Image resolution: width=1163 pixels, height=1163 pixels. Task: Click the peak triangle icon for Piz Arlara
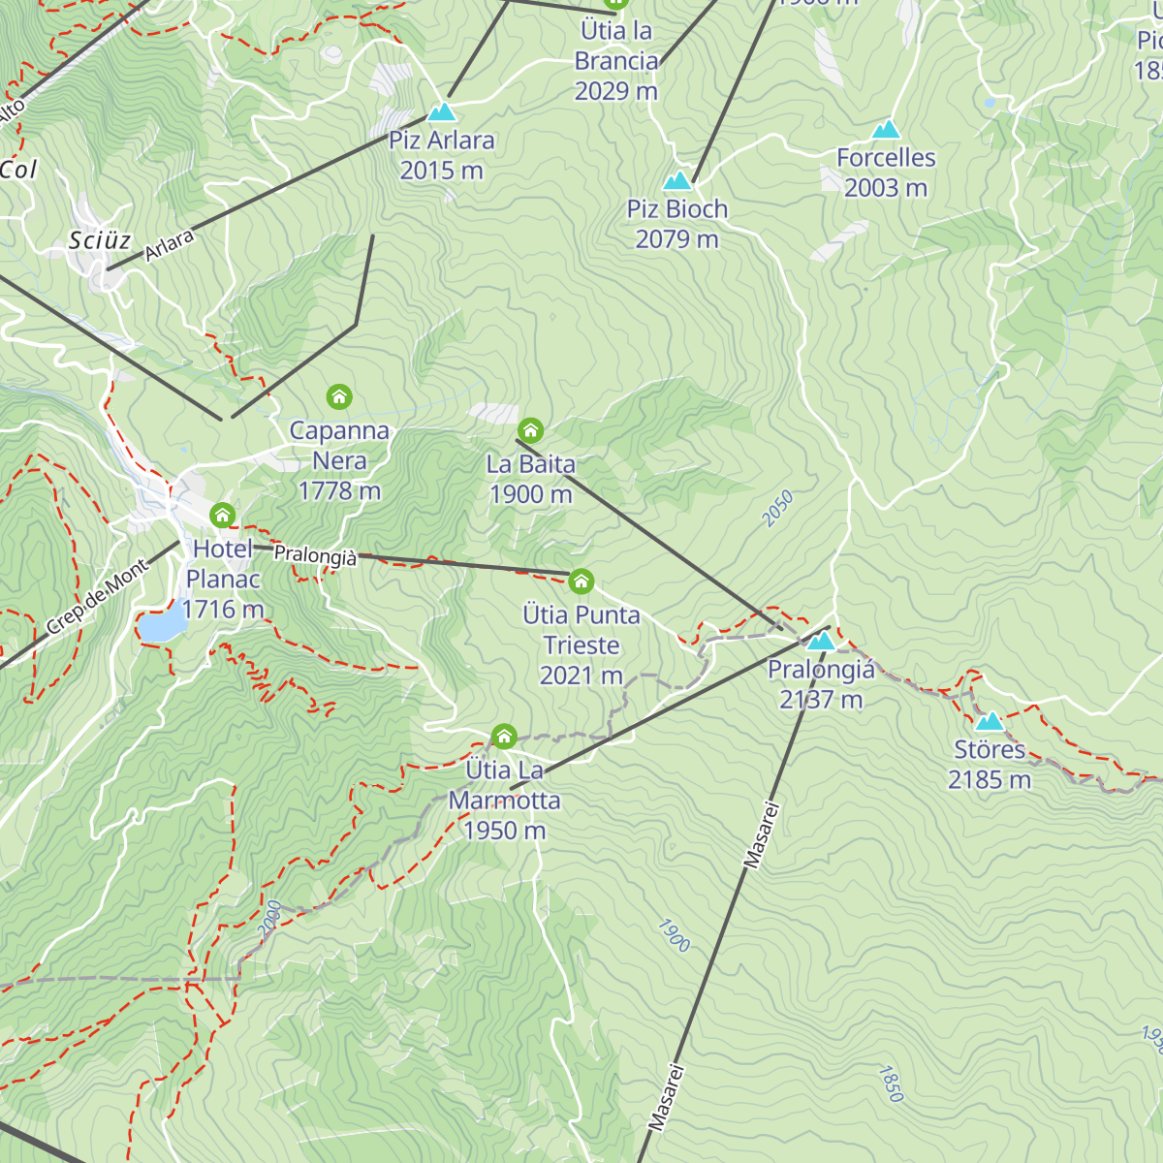pos(442,112)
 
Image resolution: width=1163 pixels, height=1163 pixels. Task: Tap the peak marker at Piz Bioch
pos(676,181)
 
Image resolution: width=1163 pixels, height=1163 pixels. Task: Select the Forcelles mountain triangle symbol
pos(885,130)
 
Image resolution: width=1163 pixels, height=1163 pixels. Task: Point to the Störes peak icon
pos(989,722)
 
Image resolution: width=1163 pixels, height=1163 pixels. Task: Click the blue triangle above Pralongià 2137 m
pos(821,641)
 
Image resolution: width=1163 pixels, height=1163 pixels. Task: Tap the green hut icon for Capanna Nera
pos(339,396)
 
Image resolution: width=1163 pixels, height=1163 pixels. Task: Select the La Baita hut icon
pos(530,430)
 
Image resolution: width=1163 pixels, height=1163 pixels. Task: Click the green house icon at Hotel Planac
pos(223,515)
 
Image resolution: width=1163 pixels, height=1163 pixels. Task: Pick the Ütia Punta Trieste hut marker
pos(581,581)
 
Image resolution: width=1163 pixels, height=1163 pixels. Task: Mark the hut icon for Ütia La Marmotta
pos(504,737)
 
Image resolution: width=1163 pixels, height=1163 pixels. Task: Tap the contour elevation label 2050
pos(777,509)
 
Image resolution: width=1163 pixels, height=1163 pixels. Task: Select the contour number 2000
pos(270,917)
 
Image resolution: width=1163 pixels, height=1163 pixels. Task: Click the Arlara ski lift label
pos(170,245)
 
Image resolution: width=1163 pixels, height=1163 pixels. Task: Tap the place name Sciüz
pos(100,240)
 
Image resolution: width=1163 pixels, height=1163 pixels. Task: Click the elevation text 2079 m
pos(676,238)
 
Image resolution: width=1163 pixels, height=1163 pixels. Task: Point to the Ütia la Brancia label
pos(616,46)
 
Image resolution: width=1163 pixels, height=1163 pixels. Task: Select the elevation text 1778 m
pos(339,490)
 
